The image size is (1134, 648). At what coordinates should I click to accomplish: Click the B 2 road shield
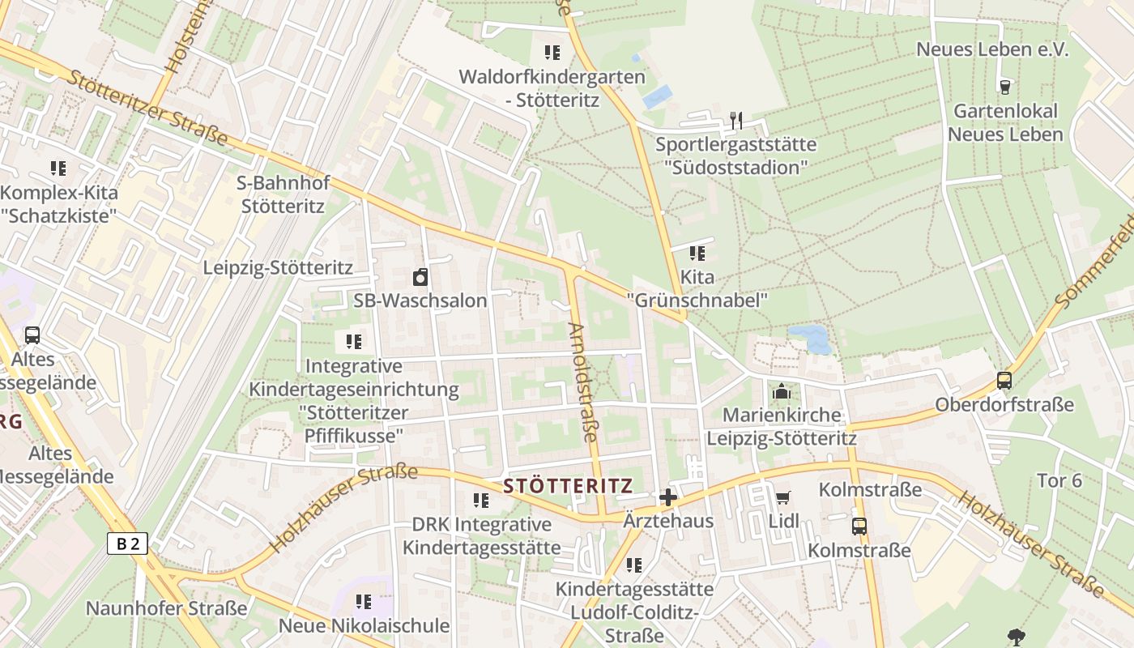(128, 544)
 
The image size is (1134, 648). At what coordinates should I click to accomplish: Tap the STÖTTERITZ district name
(567, 486)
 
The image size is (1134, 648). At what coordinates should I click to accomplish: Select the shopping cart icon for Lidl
(782, 497)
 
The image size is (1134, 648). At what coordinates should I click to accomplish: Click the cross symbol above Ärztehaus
(668, 497)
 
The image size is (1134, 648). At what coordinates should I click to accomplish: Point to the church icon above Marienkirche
(782, 392)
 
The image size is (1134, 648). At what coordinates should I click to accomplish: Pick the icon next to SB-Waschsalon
(420, 278)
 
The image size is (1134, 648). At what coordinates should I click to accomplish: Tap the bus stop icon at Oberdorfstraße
(1004, 381)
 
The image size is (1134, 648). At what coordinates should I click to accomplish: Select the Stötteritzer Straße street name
(147, 109)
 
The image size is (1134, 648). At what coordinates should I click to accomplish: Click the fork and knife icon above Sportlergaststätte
(735, 121)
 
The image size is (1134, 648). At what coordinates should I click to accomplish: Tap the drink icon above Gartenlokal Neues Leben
(1005, 87)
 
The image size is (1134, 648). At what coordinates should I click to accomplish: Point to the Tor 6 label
(1059, 480)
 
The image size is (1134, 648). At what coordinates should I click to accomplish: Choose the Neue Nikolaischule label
(364, 626)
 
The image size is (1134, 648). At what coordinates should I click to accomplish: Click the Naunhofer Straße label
(167, 608)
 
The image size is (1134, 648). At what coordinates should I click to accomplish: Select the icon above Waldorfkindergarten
(552, 53)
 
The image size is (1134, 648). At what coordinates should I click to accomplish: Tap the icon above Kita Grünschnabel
(697, 254)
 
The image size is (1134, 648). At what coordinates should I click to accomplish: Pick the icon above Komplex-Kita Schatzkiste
(58, 168)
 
